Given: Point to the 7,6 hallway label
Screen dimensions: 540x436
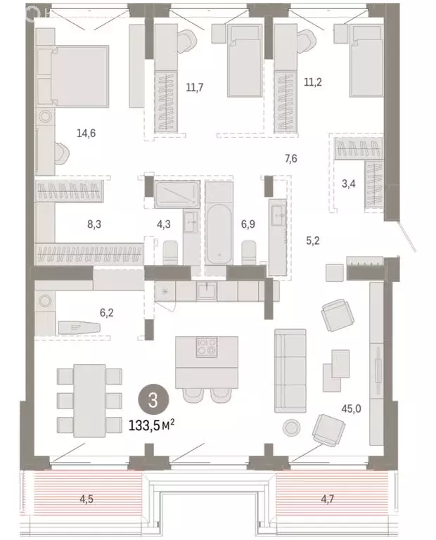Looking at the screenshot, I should pyautogui.click(x=291, y=159).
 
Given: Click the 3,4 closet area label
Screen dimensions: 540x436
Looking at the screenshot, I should pyautogui.click(x=349, y=185).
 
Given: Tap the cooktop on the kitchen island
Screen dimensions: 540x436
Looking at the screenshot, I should pyautogui.click(x=207, y=347).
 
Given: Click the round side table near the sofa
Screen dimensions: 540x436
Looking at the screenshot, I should pyautogui.click(x=291, y=426).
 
